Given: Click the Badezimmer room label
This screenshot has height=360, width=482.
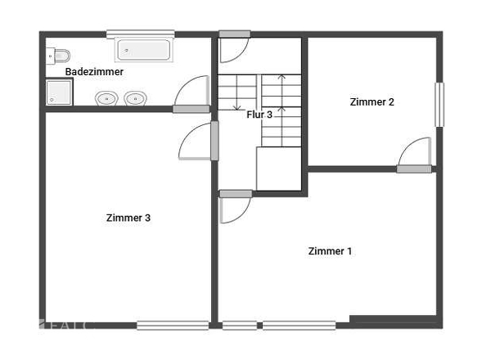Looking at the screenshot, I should (95, 72).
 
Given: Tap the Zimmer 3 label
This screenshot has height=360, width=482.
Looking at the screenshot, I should (128, 218).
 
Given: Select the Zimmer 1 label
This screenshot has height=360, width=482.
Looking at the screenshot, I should (330, 251).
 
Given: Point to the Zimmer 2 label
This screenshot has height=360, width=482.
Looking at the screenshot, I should (372, 102).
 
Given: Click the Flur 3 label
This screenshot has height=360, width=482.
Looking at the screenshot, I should (259, 115).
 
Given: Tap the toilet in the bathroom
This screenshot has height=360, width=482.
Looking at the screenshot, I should (59, 56).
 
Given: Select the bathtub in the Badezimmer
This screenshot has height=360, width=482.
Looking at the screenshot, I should (144, 50).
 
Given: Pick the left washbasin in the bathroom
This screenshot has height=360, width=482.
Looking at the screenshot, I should (106, 99).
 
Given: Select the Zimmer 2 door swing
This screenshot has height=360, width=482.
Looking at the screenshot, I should (416, 152).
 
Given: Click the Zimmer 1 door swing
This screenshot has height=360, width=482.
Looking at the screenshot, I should (235, 209).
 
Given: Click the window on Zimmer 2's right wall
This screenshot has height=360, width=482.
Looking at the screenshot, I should (439, 104).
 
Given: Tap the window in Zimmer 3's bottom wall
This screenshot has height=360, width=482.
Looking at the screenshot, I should (172, 325).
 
